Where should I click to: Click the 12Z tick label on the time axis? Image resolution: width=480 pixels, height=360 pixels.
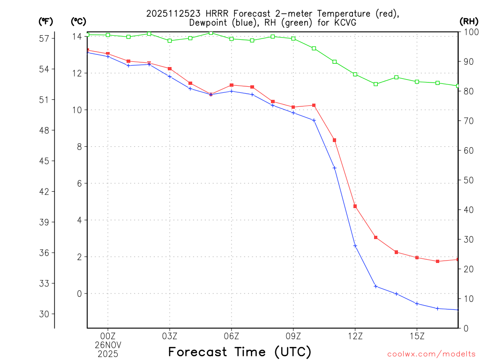(355, 336)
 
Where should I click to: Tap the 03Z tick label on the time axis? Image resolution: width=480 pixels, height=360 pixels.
(170, 336)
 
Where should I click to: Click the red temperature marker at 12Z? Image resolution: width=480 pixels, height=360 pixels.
(355, 206)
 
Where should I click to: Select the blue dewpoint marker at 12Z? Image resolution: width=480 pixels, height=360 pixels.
(355, 246)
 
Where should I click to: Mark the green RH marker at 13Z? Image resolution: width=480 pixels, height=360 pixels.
(375, 84)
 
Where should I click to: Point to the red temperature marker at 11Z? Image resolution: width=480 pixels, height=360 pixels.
(335, 140)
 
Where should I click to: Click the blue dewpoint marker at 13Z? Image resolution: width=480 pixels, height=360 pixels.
(375, 286)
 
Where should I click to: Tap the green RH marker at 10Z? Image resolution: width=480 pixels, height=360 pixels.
(314, 48)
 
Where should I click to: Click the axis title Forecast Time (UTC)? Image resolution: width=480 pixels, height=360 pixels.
(240, 352)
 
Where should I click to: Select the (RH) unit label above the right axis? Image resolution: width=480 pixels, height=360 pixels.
(469, 21)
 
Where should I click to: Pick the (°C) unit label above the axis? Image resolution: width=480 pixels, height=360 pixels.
(78, 21)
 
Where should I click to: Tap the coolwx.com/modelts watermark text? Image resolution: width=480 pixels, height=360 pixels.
(431, 354)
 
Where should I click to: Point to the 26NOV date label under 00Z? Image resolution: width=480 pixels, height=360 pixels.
(108, 345)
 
